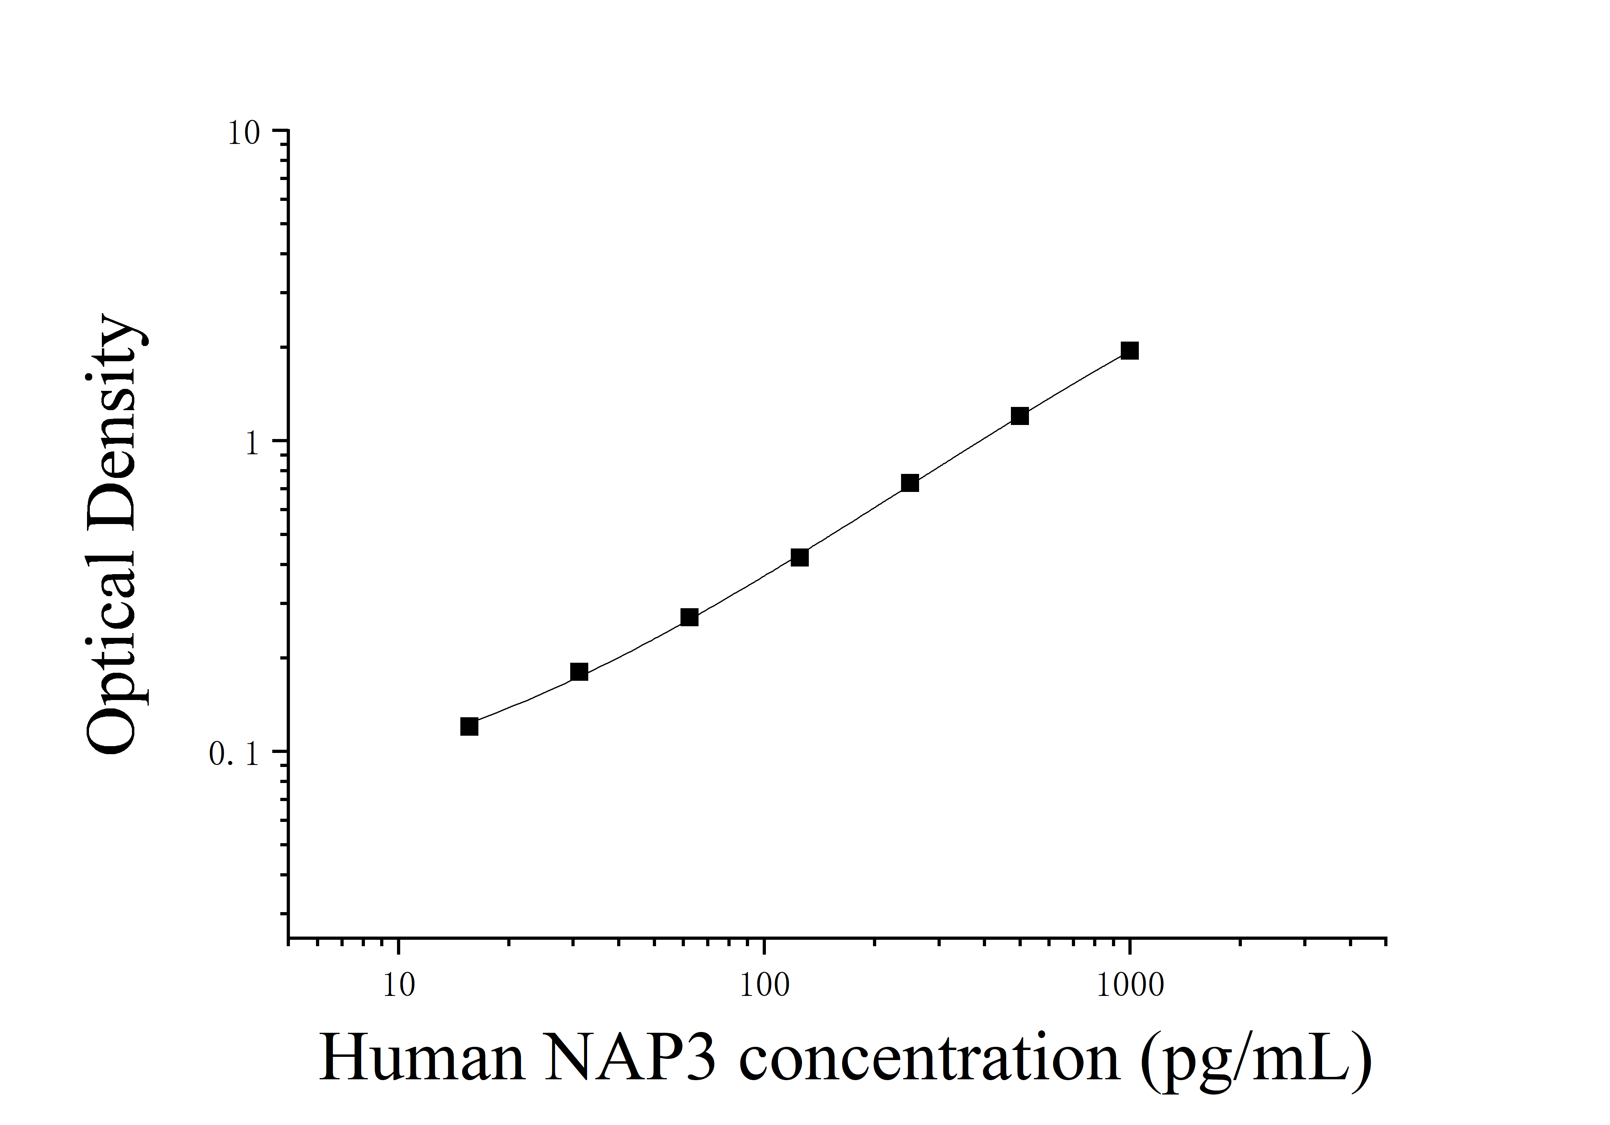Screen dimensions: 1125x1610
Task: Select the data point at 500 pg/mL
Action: (1020, 416)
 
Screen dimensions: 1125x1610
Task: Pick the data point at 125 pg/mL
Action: (800, 557)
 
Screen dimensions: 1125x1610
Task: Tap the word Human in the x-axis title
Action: (422, 1058)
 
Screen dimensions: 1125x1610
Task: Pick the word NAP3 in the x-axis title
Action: (630, 1058)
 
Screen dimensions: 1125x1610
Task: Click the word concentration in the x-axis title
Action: (929, 1058)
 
